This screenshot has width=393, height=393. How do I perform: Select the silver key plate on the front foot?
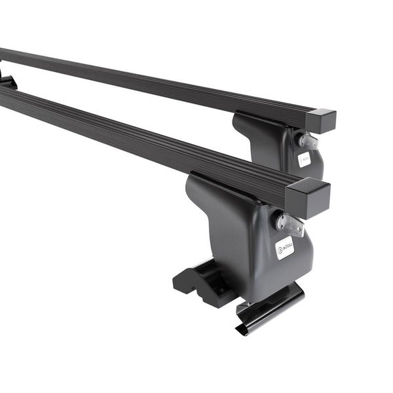point(290,224)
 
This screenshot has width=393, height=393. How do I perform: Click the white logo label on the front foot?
point(284,248)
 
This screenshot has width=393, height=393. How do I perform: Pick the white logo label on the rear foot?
point(305,159)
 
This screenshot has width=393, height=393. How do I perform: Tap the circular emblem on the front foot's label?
point(281,250)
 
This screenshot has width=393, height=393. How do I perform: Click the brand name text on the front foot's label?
point(288,246)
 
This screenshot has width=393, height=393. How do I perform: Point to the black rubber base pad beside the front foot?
point(196,278)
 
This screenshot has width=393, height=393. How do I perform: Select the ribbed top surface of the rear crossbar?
point(164,79)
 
